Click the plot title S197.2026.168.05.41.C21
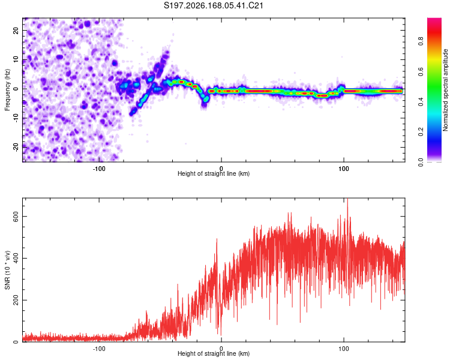tap(213, 5)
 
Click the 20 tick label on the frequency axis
tap(16, 31)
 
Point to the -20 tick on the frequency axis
tap(16, 147)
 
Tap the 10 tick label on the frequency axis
tap(16, 60)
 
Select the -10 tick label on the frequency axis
tap(16, 118)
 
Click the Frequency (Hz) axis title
tap(7, 90)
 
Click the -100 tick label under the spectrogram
tap(99, 169)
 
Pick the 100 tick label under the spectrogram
tap(344, 169)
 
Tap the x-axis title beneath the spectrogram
tap(214, 173)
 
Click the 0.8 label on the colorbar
tap(421, 41)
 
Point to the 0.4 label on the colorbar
tap(421, 101)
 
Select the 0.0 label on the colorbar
tap(421, 162)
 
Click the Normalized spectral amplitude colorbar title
tap(445, 90)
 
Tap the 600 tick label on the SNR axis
tap(16, 216)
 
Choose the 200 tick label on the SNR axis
tap(16, 300)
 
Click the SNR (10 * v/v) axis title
tap(7, 270)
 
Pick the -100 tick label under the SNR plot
tap(99, 349)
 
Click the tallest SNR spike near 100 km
tap(348, 199)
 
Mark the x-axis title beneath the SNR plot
tap(214, 353)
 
